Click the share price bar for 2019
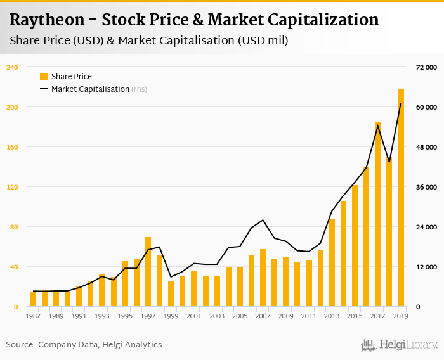pyautogui.click(x=401, y=198)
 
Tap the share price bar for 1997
pyautogui.click(x=148, y=272)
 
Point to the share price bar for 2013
pyautogui.click(x=332, y=262)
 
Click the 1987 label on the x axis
pyautogui.click(x=33, y=316)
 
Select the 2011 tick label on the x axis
pyautogui.click(x=309, y=316)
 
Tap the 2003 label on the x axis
pyautogui.click(x=217, y=316)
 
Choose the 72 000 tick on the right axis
pyautogui.click(x=427, y=67)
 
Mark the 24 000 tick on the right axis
pyautogui.click(x=427, y=227)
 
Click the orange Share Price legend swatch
pyautogui.click(x=44, y=77)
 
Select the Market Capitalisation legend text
pyautogui.click(x=90, y=89)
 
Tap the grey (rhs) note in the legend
pyautogui.click(x=140, y=89)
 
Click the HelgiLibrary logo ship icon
pyautogui.click(x=368, y=345)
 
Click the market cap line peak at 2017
pyautogui.click(x=378, y=125)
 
